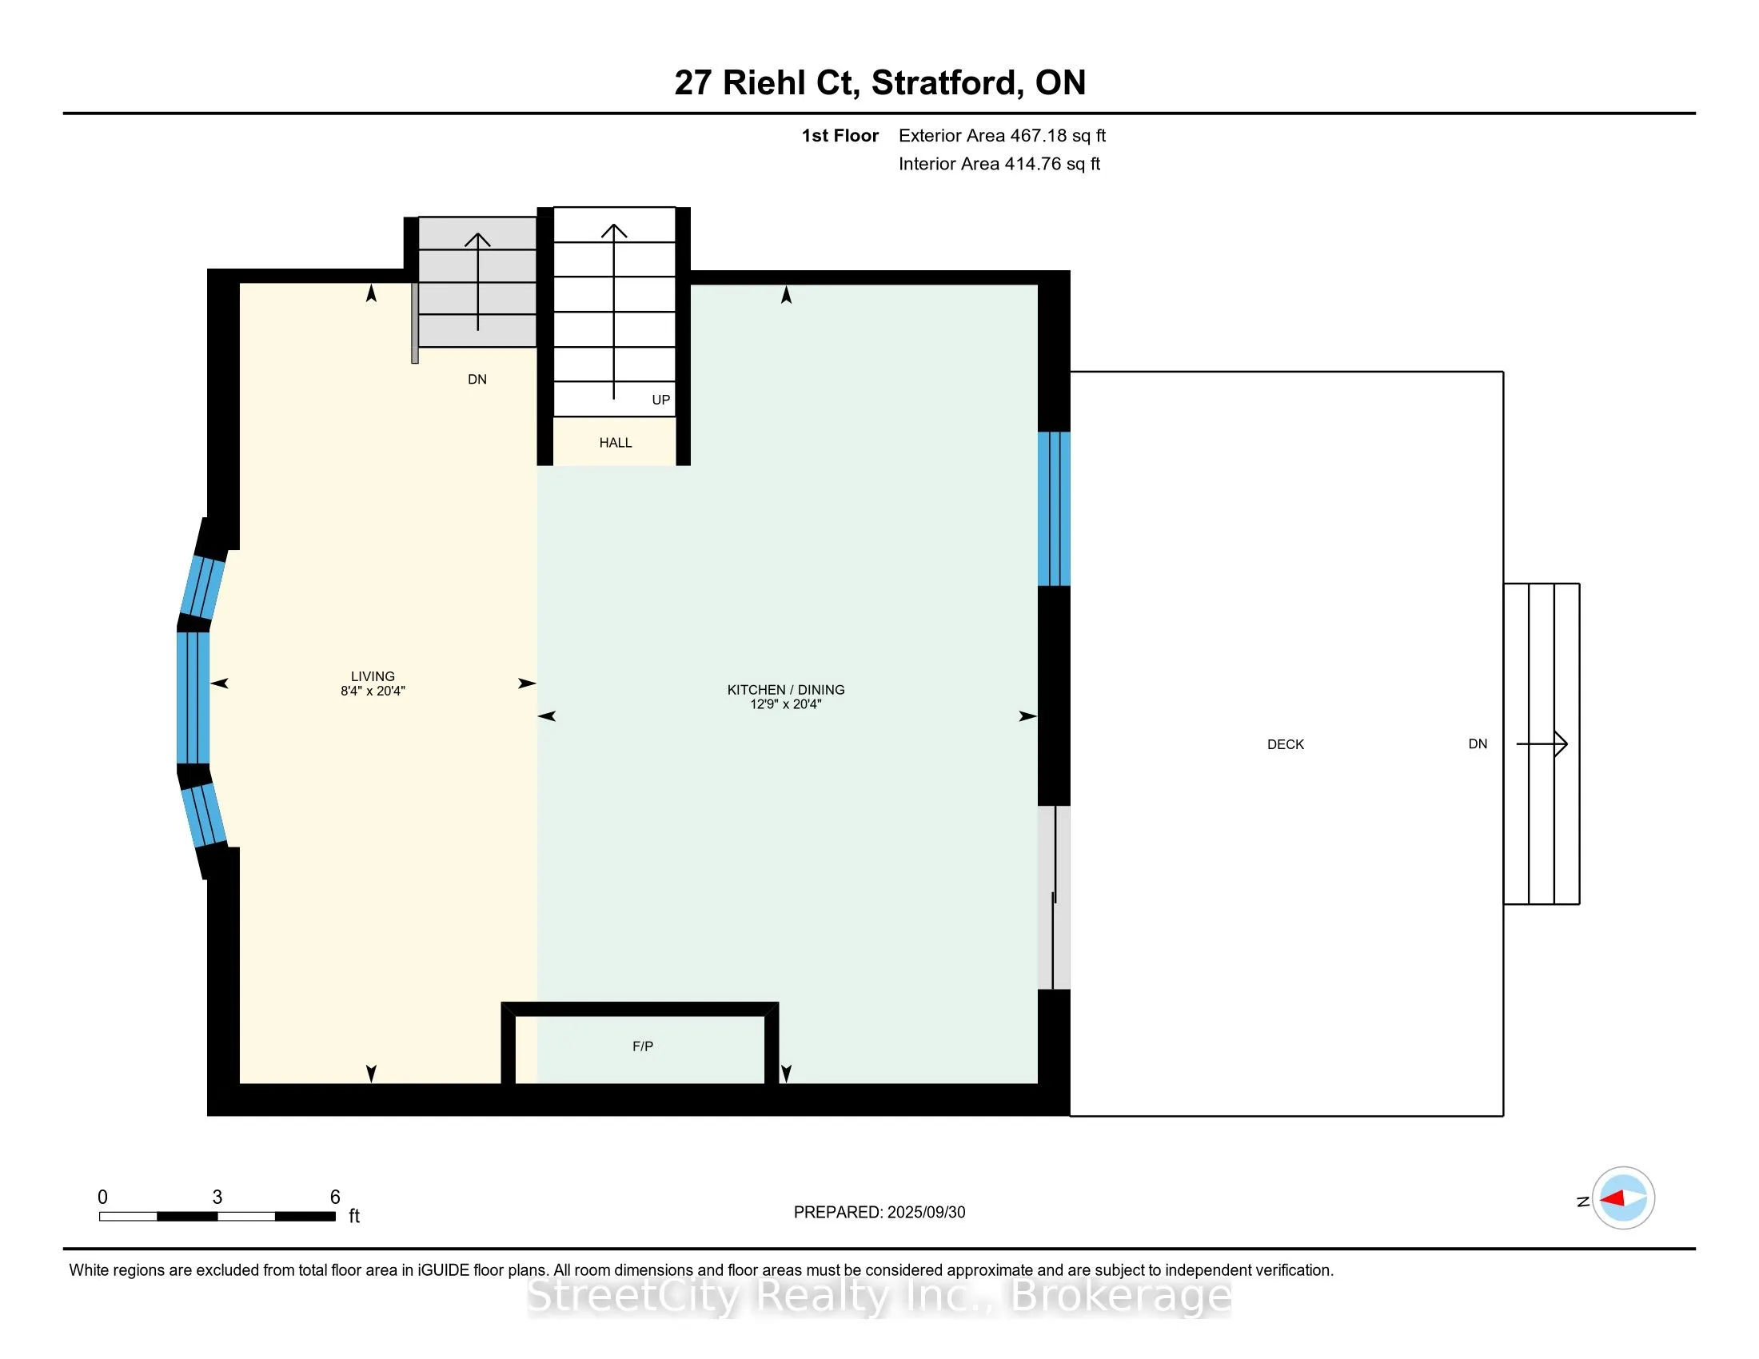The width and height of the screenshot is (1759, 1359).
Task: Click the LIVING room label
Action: coord(372,676)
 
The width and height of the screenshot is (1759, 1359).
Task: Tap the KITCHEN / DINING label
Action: coord(786,690)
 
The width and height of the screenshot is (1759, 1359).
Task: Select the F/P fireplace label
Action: coord(643,1046)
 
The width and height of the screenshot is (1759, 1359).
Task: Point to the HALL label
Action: coord(616,443)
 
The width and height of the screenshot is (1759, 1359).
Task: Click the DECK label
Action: coord(1286,745)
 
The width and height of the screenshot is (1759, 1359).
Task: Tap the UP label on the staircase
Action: coord(661,401)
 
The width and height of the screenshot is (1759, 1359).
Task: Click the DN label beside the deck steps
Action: coord(1478,744)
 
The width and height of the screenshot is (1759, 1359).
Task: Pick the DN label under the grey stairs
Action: coord(477,379)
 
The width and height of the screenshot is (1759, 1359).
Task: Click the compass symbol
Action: coord(1623,1198)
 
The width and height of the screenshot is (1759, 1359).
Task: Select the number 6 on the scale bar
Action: coord(335,1198)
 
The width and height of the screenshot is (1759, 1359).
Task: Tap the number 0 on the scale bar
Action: coord(102,1198)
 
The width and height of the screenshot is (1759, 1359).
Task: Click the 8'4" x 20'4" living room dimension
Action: coord(373,691)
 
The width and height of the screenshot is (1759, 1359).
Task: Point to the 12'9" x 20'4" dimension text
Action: coord(786,704)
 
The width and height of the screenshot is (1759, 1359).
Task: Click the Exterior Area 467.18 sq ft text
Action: coord(1002,136)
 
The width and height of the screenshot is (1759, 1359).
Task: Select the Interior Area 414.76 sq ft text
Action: coord(999,164)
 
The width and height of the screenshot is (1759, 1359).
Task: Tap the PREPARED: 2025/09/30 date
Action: coord(879,1213)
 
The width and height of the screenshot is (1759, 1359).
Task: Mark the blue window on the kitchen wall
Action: coord(1054,508)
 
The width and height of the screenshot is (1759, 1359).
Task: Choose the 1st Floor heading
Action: coord(840,136)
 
